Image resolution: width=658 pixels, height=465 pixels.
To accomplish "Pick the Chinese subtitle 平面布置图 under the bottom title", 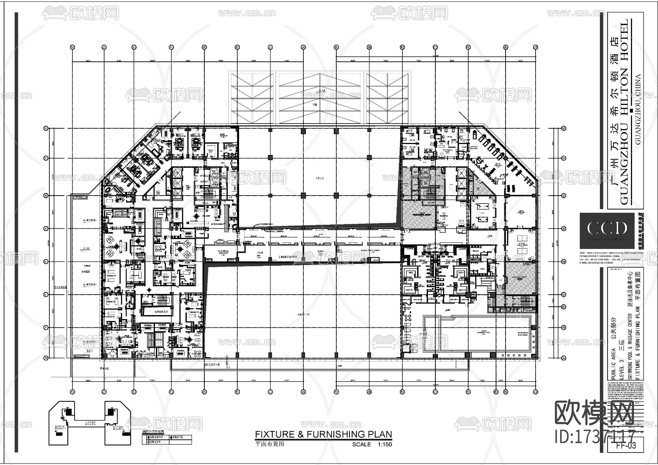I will [x=269, y=445].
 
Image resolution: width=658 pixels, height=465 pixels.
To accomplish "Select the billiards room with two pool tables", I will [x=483, y=213].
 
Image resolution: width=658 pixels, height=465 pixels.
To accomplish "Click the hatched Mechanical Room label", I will [x=419, y=215].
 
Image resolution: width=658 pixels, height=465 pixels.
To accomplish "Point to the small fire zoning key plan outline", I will [x=90, y=423].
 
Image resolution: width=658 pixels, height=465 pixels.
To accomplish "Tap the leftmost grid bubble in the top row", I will [x=72, y=47].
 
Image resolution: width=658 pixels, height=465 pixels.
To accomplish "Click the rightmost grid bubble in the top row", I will [x=536, y=47].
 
